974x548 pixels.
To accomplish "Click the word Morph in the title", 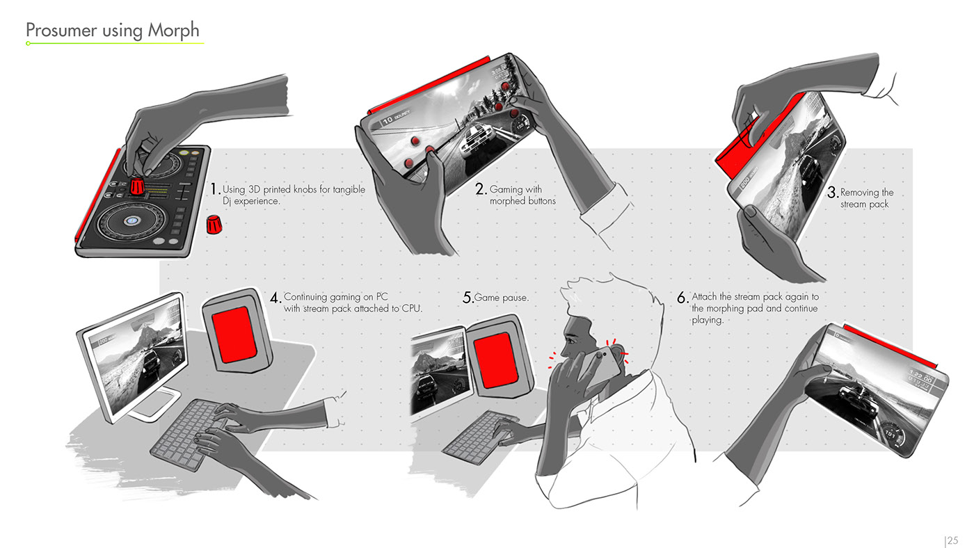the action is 173,31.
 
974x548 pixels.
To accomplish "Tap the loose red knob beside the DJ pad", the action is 214,224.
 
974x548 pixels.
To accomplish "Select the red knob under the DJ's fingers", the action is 137,186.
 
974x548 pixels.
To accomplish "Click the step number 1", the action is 214,189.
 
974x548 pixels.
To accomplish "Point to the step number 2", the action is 481,189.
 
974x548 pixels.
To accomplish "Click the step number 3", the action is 832,192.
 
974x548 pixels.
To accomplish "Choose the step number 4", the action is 276,298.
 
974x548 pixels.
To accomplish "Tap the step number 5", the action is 468,298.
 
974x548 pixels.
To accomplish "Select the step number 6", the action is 682,298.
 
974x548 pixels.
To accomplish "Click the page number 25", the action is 952,540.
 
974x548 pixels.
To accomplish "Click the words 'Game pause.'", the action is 502,298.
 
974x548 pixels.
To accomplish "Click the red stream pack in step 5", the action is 496,360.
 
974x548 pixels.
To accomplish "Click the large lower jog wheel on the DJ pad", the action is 131,221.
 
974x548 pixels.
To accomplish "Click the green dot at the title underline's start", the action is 29,43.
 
